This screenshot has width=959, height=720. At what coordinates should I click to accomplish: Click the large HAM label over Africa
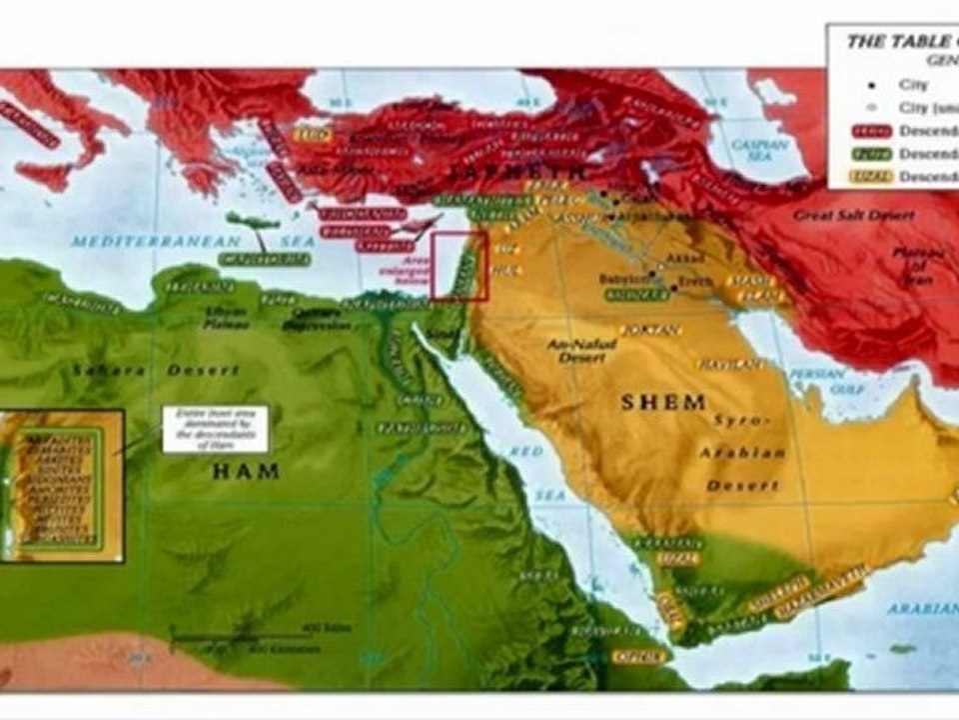[245, 471]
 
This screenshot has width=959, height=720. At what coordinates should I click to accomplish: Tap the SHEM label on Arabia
[663, 402]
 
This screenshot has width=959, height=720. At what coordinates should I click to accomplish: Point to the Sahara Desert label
[154, 371]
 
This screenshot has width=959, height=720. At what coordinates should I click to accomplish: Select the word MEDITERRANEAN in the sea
[157, 242]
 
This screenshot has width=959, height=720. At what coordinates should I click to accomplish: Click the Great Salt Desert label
[841, 215]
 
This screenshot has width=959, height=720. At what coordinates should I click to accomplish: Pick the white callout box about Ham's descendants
[215, 428]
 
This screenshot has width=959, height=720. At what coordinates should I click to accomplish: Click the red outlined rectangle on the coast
[460, 266]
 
